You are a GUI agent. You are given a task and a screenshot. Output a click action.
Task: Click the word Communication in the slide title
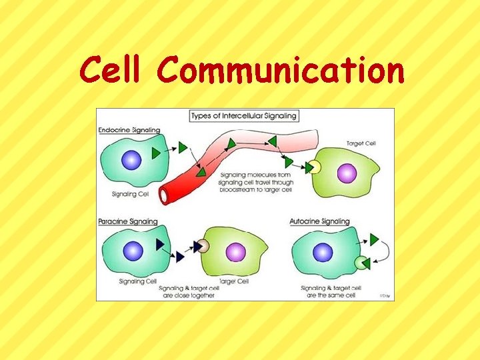(281, 70)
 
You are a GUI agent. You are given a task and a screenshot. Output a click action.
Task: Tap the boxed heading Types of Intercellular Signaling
(243, 116)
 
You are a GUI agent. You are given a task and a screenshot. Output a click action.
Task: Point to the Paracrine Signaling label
(128, 221)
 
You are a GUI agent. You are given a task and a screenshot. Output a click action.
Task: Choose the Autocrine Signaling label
(320, 221)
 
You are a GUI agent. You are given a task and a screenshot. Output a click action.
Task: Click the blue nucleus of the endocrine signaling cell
(132, 161)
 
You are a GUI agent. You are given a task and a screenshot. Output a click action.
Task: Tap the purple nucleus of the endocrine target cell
(347, 173)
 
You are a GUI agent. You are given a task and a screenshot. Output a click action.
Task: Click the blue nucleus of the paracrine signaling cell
(133, 251)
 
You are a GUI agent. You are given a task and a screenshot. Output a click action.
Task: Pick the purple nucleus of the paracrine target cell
(235, 252)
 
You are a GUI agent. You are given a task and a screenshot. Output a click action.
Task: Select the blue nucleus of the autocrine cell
(323, 253)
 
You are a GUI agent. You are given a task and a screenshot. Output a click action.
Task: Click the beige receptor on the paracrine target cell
(203, 246)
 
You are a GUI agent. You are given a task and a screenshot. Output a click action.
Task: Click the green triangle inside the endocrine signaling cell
(156, 154)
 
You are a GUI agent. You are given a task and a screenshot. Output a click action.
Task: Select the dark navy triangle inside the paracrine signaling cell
(159, 245)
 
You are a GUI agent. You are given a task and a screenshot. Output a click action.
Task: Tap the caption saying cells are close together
(189, 291)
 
